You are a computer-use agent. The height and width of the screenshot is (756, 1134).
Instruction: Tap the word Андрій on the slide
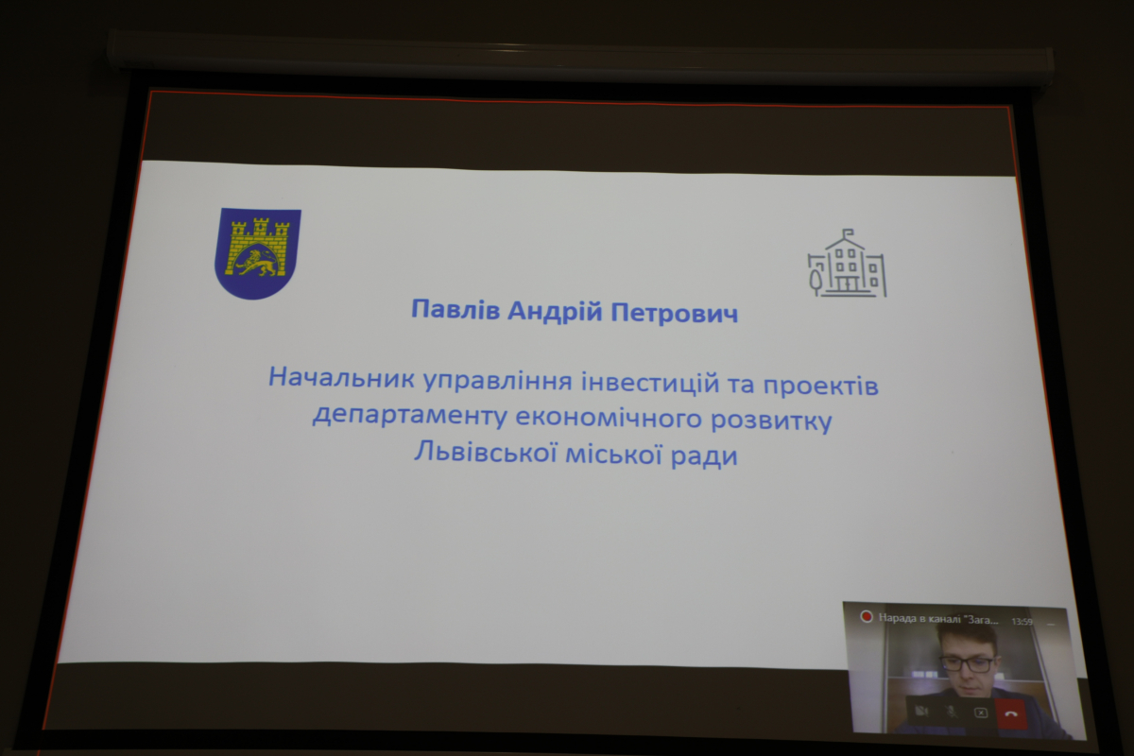coord(555,312)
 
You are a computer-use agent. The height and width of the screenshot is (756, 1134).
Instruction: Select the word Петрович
coord(675,313)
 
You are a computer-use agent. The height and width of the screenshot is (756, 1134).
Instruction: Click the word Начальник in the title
coord(341,377)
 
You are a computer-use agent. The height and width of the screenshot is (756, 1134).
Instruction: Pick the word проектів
coord(820,386)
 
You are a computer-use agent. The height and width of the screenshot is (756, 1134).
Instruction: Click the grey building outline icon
coord(847,264)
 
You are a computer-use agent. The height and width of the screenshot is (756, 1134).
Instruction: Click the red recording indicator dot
coord(867,617)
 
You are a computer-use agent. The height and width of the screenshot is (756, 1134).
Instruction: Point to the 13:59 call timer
coord(1022,621)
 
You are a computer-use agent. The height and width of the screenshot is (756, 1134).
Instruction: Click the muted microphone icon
coord(952,712)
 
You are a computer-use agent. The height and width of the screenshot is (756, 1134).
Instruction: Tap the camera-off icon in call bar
coord(921,711)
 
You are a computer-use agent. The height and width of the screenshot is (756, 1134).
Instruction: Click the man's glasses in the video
coord(968,664)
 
